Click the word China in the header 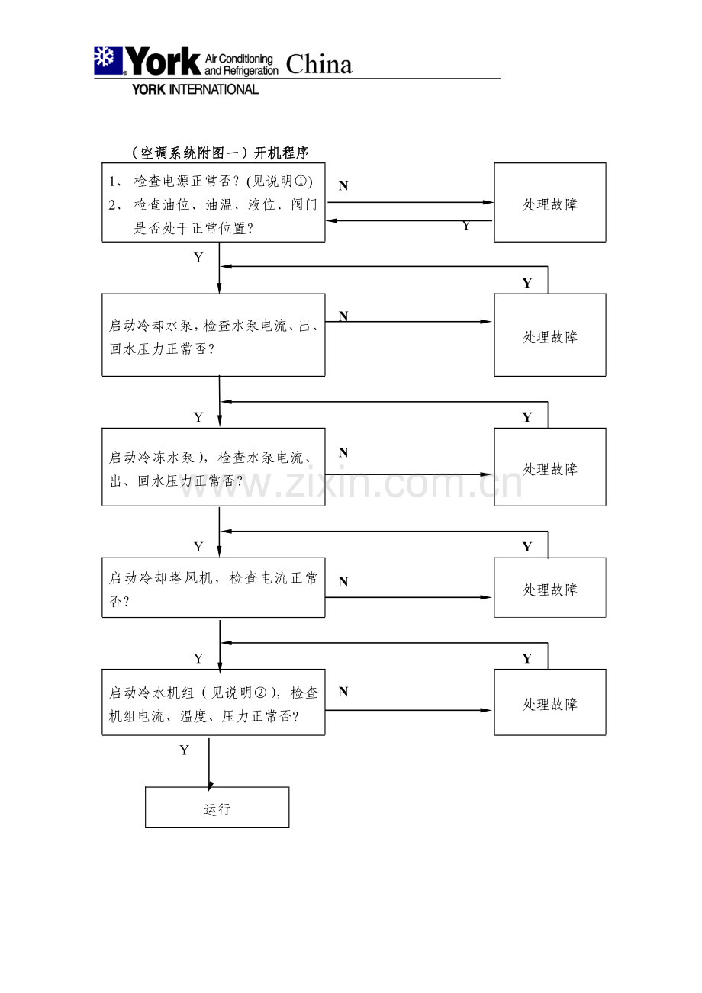pyautogui.click(x=319, y=65)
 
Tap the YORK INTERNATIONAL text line pyautogui.click(x=195, y=89)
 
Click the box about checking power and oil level pyautogui.click(x=214, y=203)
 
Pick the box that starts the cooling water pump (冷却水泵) pyautogui.click(x=214, y=336)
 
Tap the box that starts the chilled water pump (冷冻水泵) pyautogui.click(x=214, y=467)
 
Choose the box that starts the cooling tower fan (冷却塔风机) pyautogui.click(x=214, y=587)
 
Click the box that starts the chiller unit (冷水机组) pyautogui.click(x=214, y=702)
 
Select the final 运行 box pyautogui.click(x=217, y=808)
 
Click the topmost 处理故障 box pyautogui.click(x=550, y=203)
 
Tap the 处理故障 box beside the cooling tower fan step pyautogui.click(x=550, y=588)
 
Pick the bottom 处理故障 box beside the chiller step pyautogui.click(x=550, y=702)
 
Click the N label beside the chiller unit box pyautogui.click(x=343, y=692)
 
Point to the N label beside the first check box pyautogui.click(x=343, y=185)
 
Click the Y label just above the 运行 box pyautogui.click(x=184, y=750)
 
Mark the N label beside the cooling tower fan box pyautogui.click(x=343, y=582)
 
